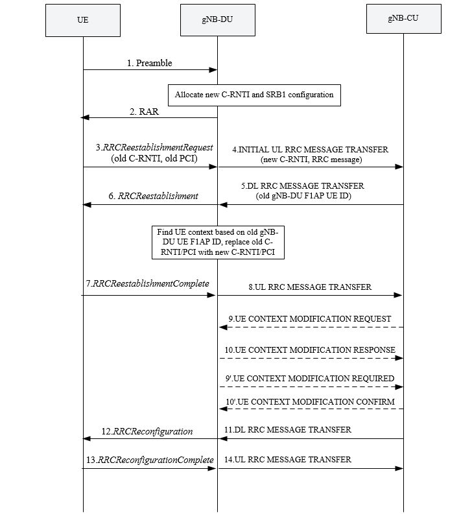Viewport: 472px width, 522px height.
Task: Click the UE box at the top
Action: pos(83,20)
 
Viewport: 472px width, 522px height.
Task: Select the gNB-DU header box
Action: pos(217,20)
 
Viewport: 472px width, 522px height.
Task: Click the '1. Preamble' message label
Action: pos(150,63)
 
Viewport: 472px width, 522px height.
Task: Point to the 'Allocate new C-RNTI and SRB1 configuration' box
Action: pos(254,95)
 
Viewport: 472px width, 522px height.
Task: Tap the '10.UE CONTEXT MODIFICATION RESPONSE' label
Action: pos(311,350)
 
